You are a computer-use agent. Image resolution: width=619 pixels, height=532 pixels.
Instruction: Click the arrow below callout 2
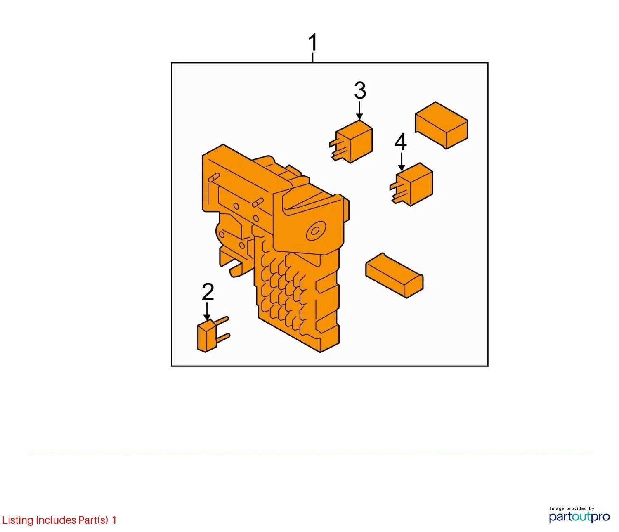point(207,312)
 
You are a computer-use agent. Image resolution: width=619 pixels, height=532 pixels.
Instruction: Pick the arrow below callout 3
point(360,111)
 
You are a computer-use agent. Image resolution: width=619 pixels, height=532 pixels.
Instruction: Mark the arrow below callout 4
point(401,162)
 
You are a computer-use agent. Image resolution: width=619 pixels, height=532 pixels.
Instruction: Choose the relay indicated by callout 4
point(411,184)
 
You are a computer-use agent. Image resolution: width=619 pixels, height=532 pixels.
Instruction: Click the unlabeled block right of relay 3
point(442,125)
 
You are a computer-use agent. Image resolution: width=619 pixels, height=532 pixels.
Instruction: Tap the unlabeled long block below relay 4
point(395,275)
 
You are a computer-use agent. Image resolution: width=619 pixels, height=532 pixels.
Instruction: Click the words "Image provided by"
point(572,508)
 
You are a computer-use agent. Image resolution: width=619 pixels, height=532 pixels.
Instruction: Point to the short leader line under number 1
point(313,58)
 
